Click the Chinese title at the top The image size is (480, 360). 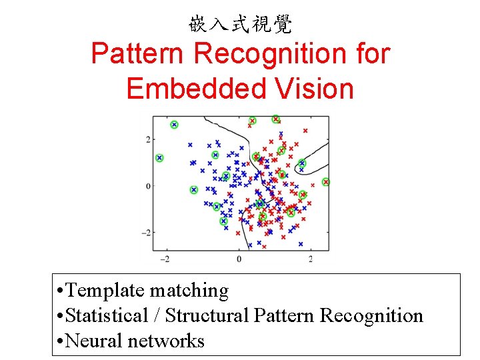[x=240, y=25]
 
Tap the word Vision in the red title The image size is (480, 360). [x=313, y=88]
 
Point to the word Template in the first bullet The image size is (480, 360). [x=106, y=291]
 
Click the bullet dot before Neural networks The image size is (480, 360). [x=61, y=341]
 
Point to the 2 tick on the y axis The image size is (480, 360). [x=147, y=139]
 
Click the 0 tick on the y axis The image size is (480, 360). [x=147, y=185]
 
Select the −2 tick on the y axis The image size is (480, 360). [x=146, y=232]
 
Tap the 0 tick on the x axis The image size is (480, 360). [x=239, y=258]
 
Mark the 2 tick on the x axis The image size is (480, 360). [x=311, y=258]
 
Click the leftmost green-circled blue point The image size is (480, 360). [x=159, y=158]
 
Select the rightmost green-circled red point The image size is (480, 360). [x=326, y=182]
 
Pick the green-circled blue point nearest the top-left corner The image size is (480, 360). [x=174, y=125]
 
